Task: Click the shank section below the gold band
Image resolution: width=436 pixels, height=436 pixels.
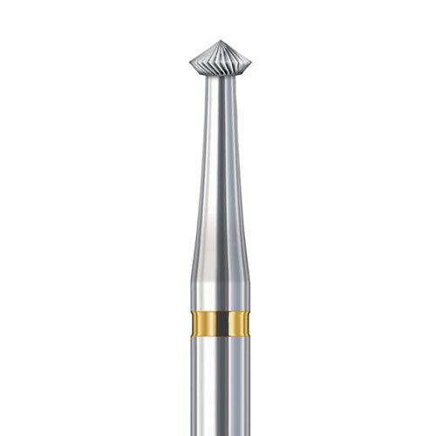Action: [217, 384]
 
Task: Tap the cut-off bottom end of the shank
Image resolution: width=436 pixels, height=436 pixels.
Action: [217, 433]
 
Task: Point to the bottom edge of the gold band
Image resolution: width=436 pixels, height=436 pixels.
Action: [217, 338]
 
